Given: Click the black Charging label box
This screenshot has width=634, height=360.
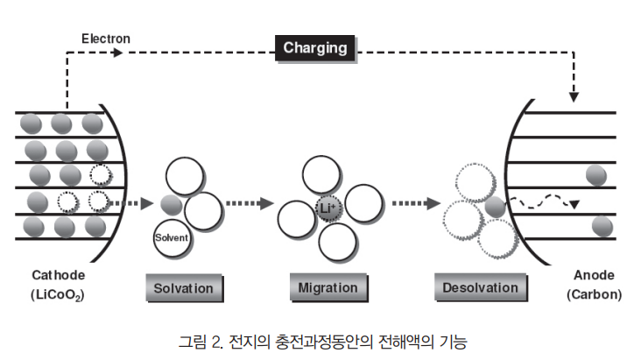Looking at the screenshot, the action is pos(315,48).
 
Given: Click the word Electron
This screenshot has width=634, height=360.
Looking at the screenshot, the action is pos(106,39).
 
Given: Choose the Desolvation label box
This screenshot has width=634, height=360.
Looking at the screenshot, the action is pos(481,287).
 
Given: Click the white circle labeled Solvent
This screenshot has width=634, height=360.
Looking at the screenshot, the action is pos(172,236).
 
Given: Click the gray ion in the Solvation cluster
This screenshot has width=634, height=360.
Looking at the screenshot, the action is pos(172,206).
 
